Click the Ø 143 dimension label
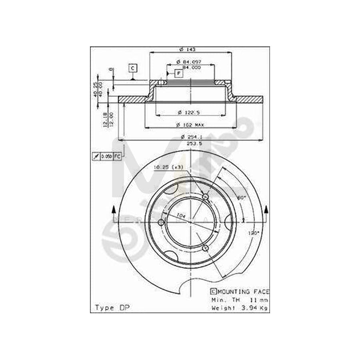(x=184, y=49)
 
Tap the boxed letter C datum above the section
(x=132, y=68)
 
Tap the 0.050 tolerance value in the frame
(x=106, y=156)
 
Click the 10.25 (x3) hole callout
(x=168, y=167)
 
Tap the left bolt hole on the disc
(x=161, y=222)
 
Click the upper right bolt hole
(x=206, y=197)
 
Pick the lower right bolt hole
(x=206, y=248)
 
